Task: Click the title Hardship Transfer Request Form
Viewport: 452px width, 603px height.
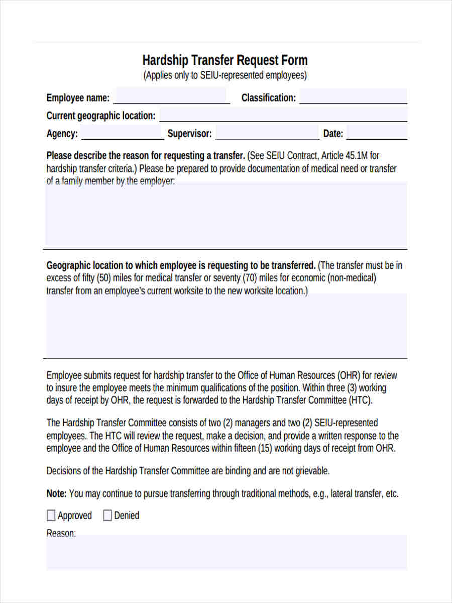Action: tap(225, 60)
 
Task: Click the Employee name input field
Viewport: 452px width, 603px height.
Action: tap(171, 96)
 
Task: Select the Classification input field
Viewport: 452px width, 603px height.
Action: tap(353, 96)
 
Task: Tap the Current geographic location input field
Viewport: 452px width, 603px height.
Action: tap(283, 115)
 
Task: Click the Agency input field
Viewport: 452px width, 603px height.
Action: tap(123, 133)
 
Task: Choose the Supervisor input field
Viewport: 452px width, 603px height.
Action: tap(267, 133)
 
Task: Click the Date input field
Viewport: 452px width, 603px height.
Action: tap(377, 133)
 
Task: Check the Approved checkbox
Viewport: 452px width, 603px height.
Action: tap(51, 516)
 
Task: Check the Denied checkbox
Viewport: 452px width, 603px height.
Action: tap(107, 516)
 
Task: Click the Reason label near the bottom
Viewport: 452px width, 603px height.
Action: tap(61, 533)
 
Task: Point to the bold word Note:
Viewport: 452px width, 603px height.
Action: tap(56, 493)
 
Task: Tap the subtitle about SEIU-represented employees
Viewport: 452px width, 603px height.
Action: tap(225, 76)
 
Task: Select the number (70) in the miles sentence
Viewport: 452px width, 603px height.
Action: tap(251, 278)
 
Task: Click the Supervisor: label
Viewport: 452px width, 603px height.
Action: tap(189, 134)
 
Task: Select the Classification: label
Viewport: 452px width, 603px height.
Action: tap(269, 97)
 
